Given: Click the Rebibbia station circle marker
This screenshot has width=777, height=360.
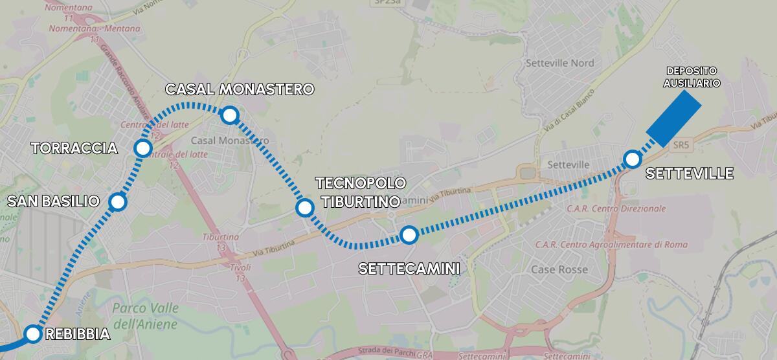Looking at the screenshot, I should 33,334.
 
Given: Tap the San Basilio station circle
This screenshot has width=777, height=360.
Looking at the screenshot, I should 118,203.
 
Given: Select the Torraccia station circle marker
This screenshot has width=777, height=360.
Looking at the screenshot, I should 142,148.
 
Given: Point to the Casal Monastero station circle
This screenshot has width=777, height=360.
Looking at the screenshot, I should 229,115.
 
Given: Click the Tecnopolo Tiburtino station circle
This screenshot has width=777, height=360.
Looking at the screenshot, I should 304,208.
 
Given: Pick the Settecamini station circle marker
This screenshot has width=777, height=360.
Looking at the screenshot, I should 408,235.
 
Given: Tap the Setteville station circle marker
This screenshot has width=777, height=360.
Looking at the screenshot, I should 632,159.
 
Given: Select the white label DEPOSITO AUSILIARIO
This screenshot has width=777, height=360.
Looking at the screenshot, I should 692,76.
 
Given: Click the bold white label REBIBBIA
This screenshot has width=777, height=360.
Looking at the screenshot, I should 78,335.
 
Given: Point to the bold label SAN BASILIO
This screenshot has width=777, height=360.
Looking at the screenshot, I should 53,202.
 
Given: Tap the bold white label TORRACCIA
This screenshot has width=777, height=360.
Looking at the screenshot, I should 74,148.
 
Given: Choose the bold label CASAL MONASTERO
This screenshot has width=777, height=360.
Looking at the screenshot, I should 239,89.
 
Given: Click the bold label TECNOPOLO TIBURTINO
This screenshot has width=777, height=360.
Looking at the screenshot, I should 360,192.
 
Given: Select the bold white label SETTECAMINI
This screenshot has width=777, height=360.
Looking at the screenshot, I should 409,268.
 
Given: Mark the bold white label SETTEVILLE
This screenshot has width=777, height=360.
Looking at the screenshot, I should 690,174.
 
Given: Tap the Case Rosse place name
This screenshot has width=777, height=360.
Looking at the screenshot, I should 559,269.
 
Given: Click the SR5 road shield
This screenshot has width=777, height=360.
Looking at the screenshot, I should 680,145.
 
